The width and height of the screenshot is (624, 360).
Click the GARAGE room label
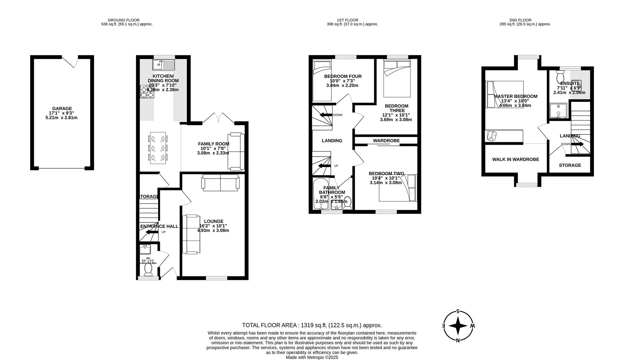tap(62, 109)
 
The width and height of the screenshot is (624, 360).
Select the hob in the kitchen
tap(147, 92)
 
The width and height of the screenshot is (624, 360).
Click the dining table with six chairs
tap(158, 148)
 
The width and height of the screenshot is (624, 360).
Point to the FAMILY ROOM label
tap(214, 144)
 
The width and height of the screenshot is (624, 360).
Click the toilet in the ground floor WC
tap(148, 269)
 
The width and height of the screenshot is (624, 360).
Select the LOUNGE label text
tap(214, 221)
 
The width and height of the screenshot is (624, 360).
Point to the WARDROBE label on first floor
tap(386, 141)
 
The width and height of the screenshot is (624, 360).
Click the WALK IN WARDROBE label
tap(515, 160)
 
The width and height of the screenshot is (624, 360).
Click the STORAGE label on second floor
tap(570, 165)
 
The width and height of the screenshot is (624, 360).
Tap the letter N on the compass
tap(458, 340)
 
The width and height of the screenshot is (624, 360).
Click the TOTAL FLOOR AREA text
tap(312, 325)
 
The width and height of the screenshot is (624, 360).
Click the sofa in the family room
tap(236, 151)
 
